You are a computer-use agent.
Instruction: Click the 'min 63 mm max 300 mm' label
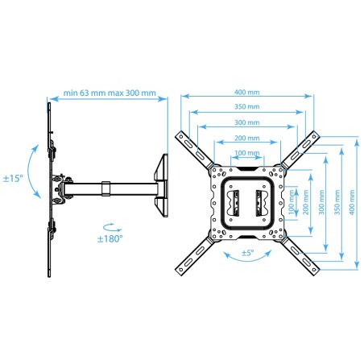110,93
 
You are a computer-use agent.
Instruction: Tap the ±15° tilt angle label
13,178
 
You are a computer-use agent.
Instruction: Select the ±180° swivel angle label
110,238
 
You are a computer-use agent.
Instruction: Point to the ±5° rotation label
247,253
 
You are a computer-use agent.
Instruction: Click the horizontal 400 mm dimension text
247,92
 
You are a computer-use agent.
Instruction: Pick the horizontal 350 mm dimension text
247,106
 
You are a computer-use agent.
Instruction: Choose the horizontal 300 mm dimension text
247,122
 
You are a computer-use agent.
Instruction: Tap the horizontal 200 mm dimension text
247,138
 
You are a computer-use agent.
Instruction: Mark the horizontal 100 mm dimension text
247,153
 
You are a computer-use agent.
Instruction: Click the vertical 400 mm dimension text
352,202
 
